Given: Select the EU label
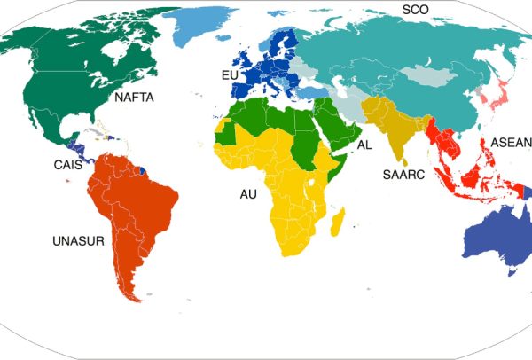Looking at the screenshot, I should point(231,76).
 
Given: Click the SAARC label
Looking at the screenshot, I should point(403,175).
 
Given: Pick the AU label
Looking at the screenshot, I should point(249,192).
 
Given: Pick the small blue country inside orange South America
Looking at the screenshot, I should point(144,165).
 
